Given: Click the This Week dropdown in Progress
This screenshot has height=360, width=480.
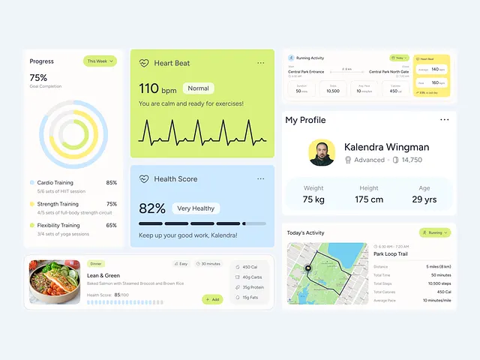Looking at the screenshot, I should [x=100, y=61].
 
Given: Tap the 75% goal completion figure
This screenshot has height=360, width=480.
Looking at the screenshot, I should [x=38, y=77].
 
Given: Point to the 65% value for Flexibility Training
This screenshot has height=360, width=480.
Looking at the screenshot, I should [x=111, y=225].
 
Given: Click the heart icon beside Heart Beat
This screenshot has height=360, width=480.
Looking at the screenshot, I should [x=144, y=63].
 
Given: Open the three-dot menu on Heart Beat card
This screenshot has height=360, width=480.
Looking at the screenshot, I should [x=260, y=63].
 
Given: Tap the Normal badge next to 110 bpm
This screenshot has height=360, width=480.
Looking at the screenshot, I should [x=198, y=88].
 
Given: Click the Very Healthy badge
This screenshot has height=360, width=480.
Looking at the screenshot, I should [x=196, y=208].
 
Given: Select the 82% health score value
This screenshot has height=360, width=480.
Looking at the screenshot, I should [x=152, y=208].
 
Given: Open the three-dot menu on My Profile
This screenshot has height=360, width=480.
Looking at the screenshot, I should [x=445, y=120].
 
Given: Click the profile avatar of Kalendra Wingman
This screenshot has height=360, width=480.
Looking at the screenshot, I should [x=322, y=152].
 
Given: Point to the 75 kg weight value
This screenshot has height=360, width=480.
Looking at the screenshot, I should [x=313, y=199].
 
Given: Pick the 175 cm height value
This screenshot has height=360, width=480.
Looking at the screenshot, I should [x=369, y=199].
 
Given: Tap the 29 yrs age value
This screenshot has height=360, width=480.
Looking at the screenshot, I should [x=424, y=199].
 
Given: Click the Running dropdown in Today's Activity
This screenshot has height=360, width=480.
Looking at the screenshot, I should [x=435, y=233].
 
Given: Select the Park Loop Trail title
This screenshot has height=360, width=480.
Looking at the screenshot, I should [x=390, y=254].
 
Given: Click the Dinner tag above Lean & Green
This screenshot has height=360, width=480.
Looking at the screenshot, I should [x=96, y=264].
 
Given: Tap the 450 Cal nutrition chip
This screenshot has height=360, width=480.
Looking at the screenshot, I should [x=249, y=267].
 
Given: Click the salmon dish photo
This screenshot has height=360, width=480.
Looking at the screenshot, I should [x=55, y=282].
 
